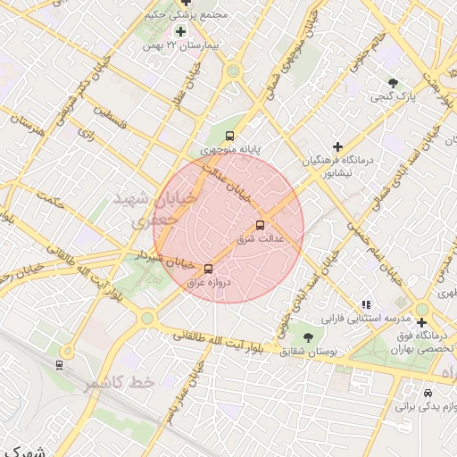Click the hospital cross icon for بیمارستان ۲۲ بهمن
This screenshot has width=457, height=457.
pos(181,31)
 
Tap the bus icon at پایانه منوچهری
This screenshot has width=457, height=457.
pos(230,137)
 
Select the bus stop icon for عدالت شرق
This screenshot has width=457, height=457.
pos(261,225)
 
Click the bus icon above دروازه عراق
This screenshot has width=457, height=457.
pos(209,268)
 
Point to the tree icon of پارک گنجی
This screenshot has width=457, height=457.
pos(393,82)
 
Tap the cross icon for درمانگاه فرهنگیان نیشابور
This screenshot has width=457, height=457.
pos(337,146)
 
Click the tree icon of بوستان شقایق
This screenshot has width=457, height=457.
pos(308,337)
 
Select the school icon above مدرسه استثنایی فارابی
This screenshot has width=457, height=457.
pos(366,304)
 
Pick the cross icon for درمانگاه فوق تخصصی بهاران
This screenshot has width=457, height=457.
pos(421,322)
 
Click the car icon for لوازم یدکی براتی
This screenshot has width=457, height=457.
pos(428,393)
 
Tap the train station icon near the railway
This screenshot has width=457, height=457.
pos(59,364)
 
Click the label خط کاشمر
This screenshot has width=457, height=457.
pos(120,382)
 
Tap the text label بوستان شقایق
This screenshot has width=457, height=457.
pos(307,353)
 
